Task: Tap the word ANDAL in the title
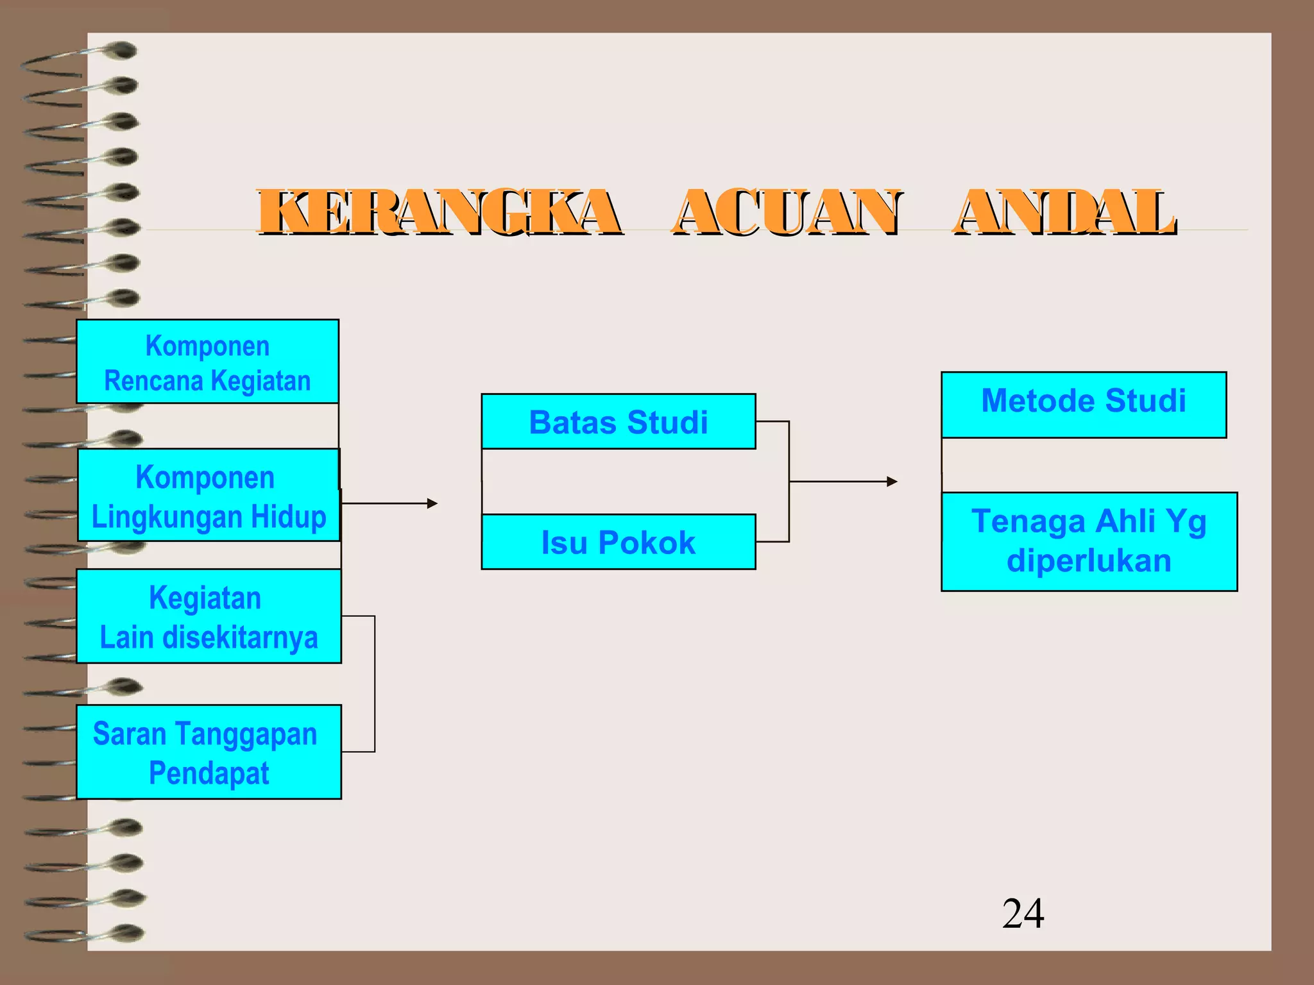(1065, 212)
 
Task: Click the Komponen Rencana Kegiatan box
(207, 362)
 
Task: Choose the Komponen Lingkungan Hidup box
(209, 495)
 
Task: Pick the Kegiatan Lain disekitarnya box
(209, 616)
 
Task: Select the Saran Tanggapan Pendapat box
(209, 752)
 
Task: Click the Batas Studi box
(619, 421)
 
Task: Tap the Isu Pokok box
(619, 542)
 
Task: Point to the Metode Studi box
(1084, 405)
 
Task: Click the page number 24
(1023, 913)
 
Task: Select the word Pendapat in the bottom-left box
(209, 773)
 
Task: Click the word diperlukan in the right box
(1089, 561)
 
